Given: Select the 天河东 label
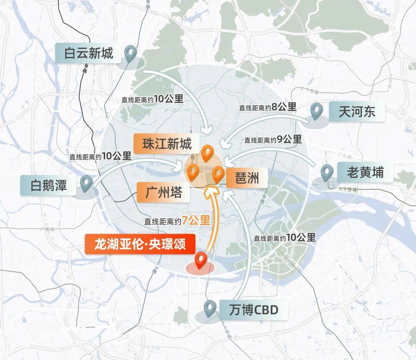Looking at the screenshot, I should coord(357,112).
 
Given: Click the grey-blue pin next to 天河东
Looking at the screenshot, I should coord(317,111).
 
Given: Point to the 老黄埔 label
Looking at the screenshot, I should coord(365,172).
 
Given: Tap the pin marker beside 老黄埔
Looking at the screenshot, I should coord(327,173).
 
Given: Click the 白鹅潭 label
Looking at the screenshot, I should coord(49,185).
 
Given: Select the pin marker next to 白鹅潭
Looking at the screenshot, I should coord(86,183).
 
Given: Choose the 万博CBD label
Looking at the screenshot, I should coord(253,310).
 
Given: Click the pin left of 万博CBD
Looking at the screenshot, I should coord(210,308).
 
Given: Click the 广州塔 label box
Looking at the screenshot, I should coord(164,192).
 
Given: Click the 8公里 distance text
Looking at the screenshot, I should coord(284,107).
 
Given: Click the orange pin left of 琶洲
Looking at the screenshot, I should coord(218,174).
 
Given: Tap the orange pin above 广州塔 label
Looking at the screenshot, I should coord(192,172).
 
